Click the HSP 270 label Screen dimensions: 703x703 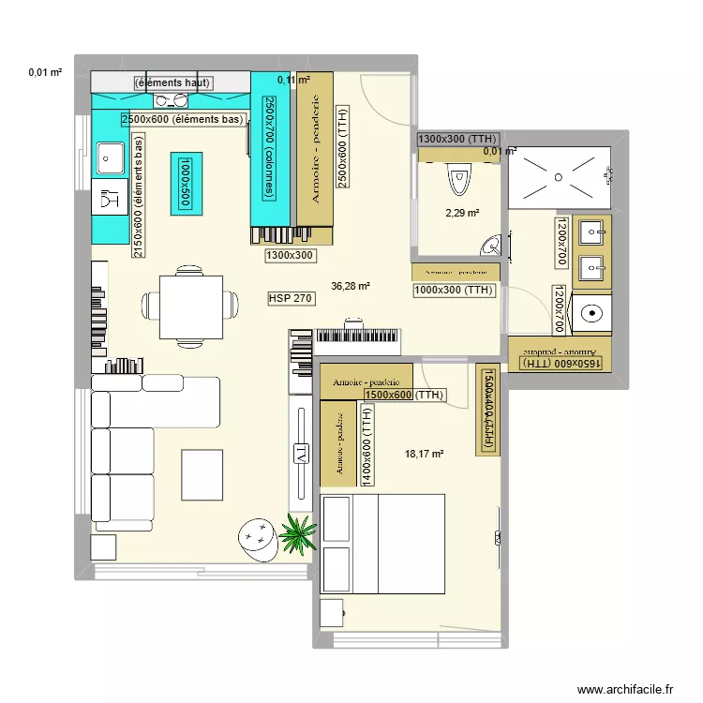(292, 298)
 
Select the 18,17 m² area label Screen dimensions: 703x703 (424, 455)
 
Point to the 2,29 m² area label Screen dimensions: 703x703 (462, 213)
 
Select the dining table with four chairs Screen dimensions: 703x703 (191, 306)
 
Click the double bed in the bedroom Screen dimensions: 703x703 (382, 544)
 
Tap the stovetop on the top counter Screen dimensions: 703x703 (172, 99)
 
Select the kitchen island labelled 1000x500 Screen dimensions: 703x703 (186, 180)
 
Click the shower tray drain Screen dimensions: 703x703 (558, 174)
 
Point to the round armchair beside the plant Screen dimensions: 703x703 (254, 538)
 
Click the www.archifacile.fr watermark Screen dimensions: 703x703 (625, 689)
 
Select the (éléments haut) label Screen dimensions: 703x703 (173, 83)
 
